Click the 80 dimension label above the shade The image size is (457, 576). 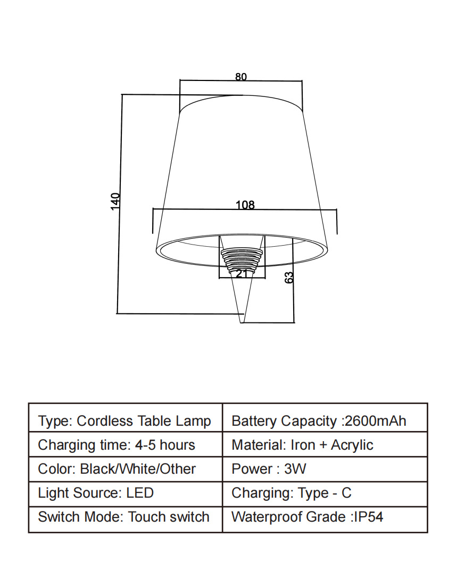coord(241,77)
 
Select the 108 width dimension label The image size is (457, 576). coord(245,205)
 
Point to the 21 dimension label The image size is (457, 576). coord(241,273)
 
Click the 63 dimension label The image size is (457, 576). coord(289,278)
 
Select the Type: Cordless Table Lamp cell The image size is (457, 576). coord(125,421)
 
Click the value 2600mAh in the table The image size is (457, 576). coord(376,421)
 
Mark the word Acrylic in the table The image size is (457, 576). coord(352,445)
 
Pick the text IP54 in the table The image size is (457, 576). coord(369,517)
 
